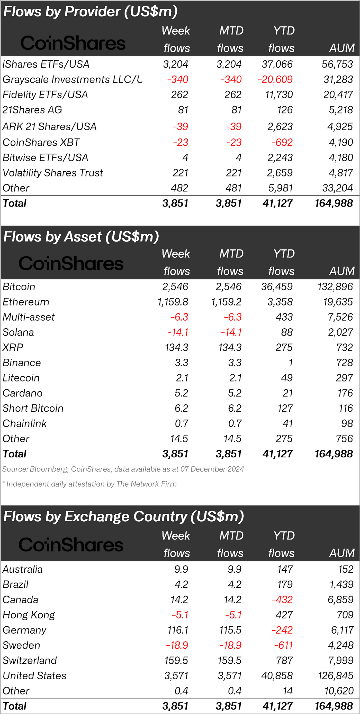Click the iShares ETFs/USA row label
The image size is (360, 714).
tap(46, 64)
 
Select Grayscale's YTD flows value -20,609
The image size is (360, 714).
tap(275, 80)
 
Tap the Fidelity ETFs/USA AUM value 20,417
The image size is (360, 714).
tap(338, 95)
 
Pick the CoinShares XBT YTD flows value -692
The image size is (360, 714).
tap(282, 143)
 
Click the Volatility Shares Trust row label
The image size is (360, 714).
tap(53, 173)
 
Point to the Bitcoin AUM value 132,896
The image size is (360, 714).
tap(335, 286)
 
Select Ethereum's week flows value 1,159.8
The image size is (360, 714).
tap(173, 302)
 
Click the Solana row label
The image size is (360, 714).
tap(18, 332)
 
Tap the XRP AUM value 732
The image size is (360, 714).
tap(345, 347)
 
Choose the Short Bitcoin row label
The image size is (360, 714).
tap(33, 408)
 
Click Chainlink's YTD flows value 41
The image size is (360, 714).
tap(287, 423)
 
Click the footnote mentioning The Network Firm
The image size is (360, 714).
tap(89, 484)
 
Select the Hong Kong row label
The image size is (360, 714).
tap(29, 615)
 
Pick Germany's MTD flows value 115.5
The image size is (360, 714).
tap(230, 630)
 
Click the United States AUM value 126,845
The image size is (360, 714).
tap(336, 676)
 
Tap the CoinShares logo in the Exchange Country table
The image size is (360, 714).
tap(71, 545)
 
